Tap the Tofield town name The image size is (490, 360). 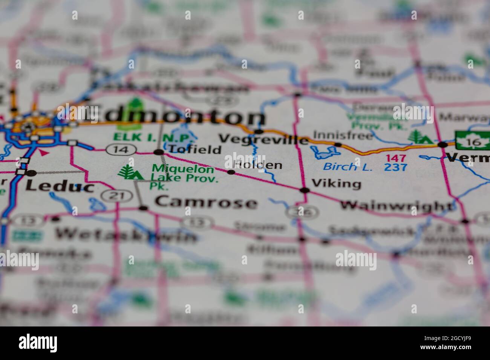click(x=194, y=149)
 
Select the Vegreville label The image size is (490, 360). click(x=263, y=140)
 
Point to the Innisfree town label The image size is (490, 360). click(x=343, y=135)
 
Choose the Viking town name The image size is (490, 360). click(x=336, y=184)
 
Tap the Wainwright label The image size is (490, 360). click(x=397, y=206)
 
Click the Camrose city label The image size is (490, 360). click(x=206, y=203)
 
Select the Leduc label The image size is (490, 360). click(x=60, y=186)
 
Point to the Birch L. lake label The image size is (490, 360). click(x=348, y=166)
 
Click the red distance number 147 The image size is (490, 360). click(x=396, y=158)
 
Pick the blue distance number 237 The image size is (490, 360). click(x=396, y=167)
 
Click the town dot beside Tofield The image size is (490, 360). click(x=159, y=152)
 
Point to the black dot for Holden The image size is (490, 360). click(x=231, y=172)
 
